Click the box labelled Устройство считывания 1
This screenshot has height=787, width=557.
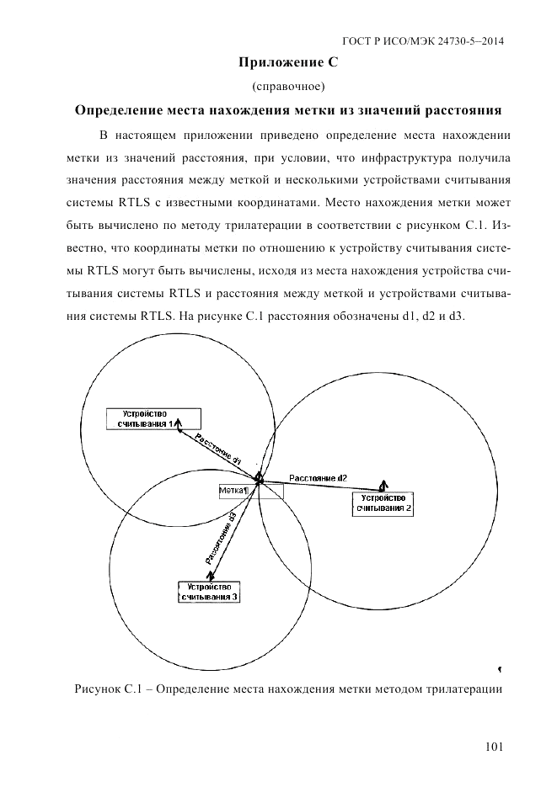coord(153,418)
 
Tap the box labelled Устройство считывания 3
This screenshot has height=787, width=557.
coord(210,591)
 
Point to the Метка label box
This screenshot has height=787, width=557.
coord(233,490)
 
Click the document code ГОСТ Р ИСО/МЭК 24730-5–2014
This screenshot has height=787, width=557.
coord(431,40)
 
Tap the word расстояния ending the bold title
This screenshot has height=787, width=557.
coord(461,110)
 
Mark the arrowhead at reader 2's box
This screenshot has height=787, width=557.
coord(382,486)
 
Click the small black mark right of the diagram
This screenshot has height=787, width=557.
coord(500,669)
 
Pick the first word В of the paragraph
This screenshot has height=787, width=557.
coord(104,135)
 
